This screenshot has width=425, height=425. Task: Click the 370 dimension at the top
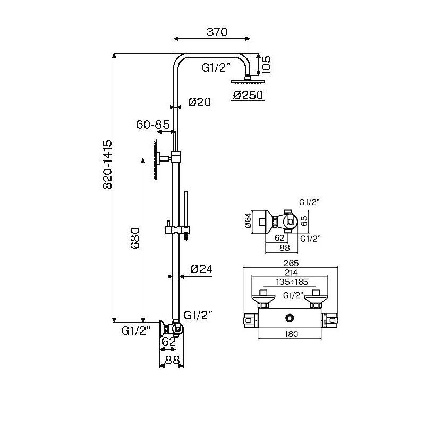tap(217, 32)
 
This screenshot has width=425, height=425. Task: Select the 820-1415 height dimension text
tap(108, 165)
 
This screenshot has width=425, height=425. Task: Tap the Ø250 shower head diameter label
tap(248, 95)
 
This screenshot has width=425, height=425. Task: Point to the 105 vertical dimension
tap(266, 64)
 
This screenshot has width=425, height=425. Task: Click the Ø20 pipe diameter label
tap(200, 102)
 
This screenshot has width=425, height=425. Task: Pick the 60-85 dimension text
tap(153, 124)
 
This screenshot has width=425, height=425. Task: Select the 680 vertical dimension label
tap(135, 238)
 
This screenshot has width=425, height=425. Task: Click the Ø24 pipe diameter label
tap(202, 269)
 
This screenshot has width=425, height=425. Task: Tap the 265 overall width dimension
tap(291, 263)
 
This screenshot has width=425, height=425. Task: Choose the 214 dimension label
tap(291, 272)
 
